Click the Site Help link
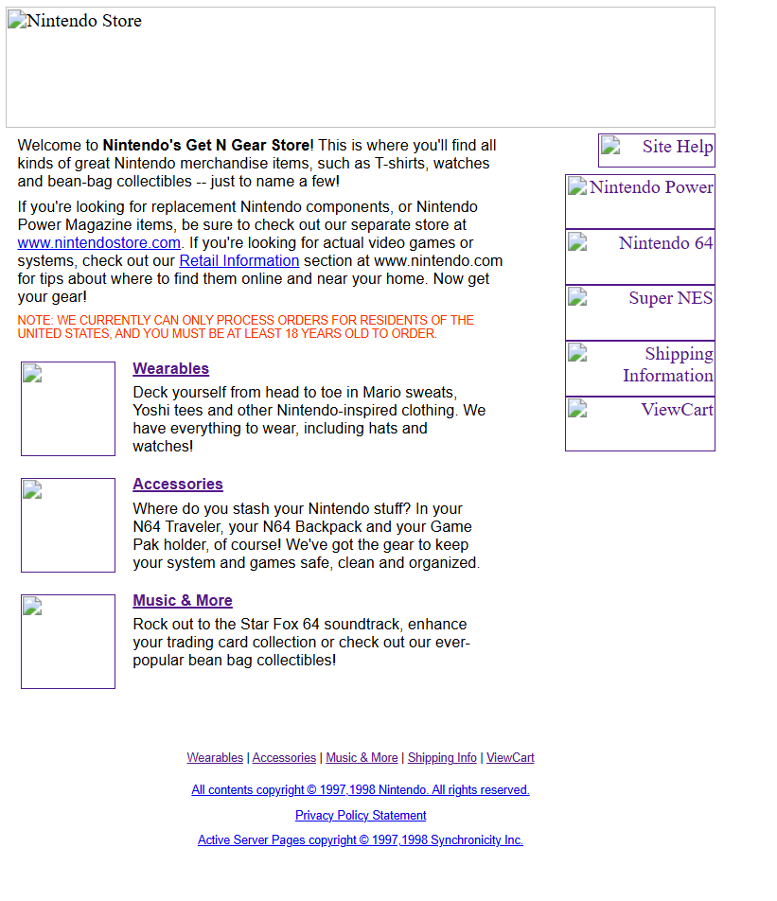pos(657,150)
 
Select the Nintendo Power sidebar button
pos(640,201)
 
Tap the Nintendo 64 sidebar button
pos(640,256)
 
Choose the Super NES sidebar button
pos(640,311)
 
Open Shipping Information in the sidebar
pos(640,367)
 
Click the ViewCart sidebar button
pos(640,422)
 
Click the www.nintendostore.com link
pos(98,243)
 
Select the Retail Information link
pos(238,261)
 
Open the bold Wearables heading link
pos(170,369)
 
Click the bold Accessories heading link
pos(177,485)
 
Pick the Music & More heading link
pos(182,601)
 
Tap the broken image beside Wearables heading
pos(68,409)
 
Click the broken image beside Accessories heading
pos(68,525)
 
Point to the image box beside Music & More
pos(68,642)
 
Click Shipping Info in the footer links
pos(442,758)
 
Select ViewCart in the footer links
pos(510,758)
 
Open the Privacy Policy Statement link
pos(361,816)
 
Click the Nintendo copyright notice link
pos(361,790)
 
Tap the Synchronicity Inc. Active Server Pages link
pos(361,840)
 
